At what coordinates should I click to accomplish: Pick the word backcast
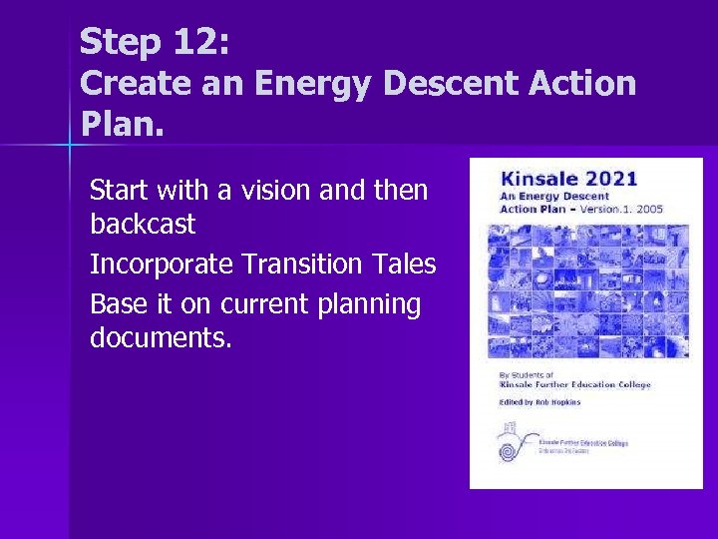click(143, 225)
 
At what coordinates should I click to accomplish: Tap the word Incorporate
click(161, 265)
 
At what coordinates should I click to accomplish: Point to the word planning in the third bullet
click(368, 303)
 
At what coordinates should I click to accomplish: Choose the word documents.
click(161, 339)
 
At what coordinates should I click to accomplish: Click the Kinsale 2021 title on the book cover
click(568, 180)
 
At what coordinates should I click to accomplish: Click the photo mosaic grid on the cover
click(586, 289)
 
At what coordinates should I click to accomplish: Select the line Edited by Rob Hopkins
click(539, 402)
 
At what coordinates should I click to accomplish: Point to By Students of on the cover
click(524, 375)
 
